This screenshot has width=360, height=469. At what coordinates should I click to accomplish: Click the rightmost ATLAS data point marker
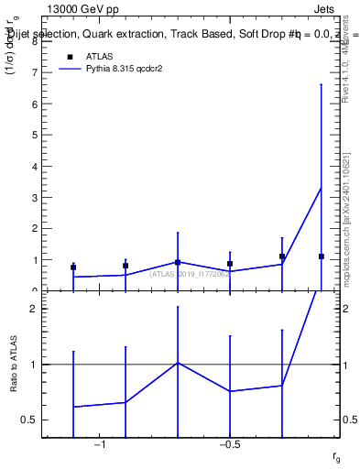coord(321,256)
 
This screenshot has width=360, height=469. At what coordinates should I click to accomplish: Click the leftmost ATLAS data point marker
coord(73,267)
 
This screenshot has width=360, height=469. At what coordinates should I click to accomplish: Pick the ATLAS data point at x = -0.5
coord(230,264)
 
